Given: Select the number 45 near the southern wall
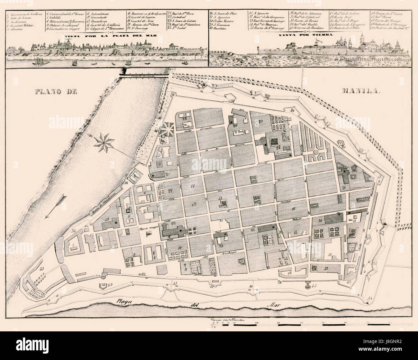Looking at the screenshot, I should coord(314,285).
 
